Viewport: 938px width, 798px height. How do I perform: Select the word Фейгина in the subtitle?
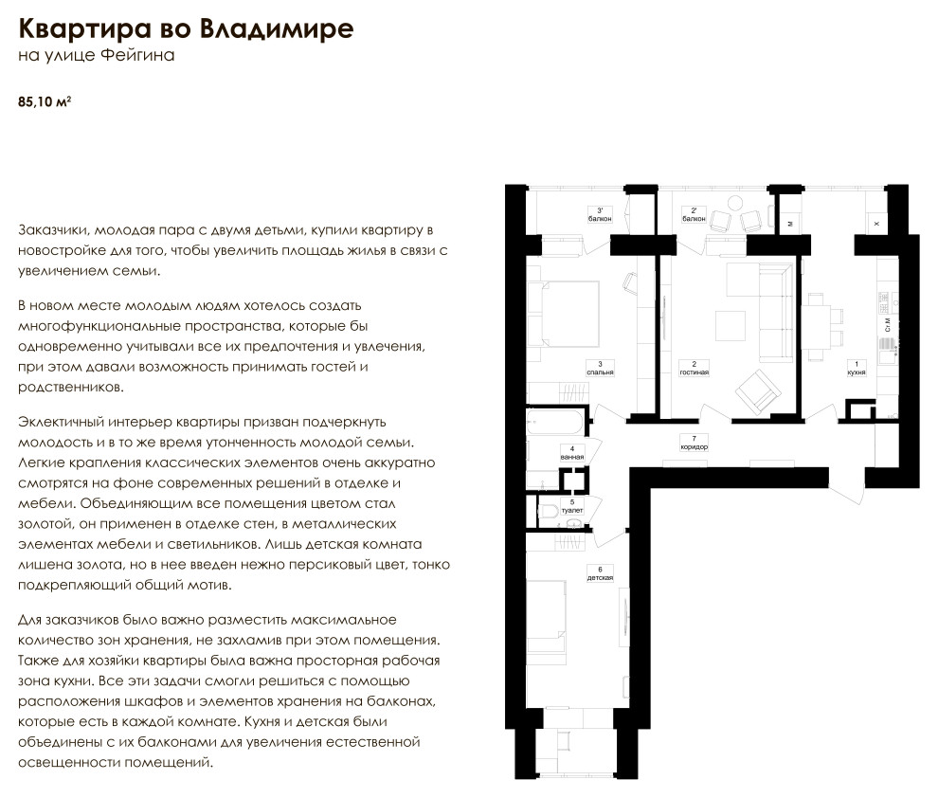[141, 56]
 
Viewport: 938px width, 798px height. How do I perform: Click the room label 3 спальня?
[600, 368]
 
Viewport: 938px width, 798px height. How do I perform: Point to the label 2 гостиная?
[694, 368]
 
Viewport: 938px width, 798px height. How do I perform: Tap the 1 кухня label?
[857, 368]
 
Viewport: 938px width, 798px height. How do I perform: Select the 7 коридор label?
[694, 442]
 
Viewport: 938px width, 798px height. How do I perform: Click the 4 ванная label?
[571, 452]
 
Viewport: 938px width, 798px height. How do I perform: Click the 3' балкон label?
[600, 214]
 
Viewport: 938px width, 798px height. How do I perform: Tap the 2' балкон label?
[694, 214]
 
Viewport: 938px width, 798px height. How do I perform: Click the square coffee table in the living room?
[730, 325]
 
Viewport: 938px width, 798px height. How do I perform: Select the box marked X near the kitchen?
[875, 224]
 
